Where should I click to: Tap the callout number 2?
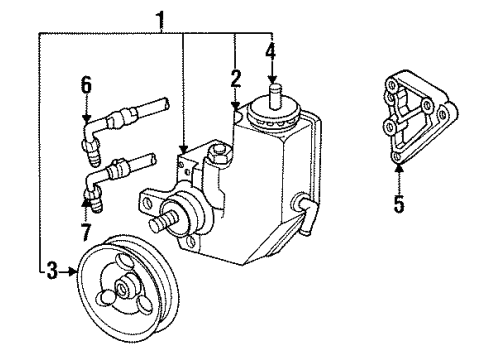click(x=236, y=77)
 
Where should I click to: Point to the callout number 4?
click(x=270, y=49)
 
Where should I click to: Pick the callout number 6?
click(x=86, y=87)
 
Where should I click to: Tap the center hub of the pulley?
click(x=123, y=290)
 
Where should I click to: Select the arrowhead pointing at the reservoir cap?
click(x=270, y=78)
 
